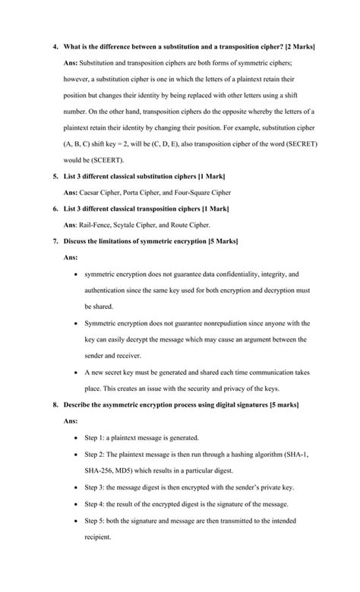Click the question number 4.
coord(55,47)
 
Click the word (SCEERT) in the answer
coord(108,160)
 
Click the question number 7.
coord(55,241)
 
